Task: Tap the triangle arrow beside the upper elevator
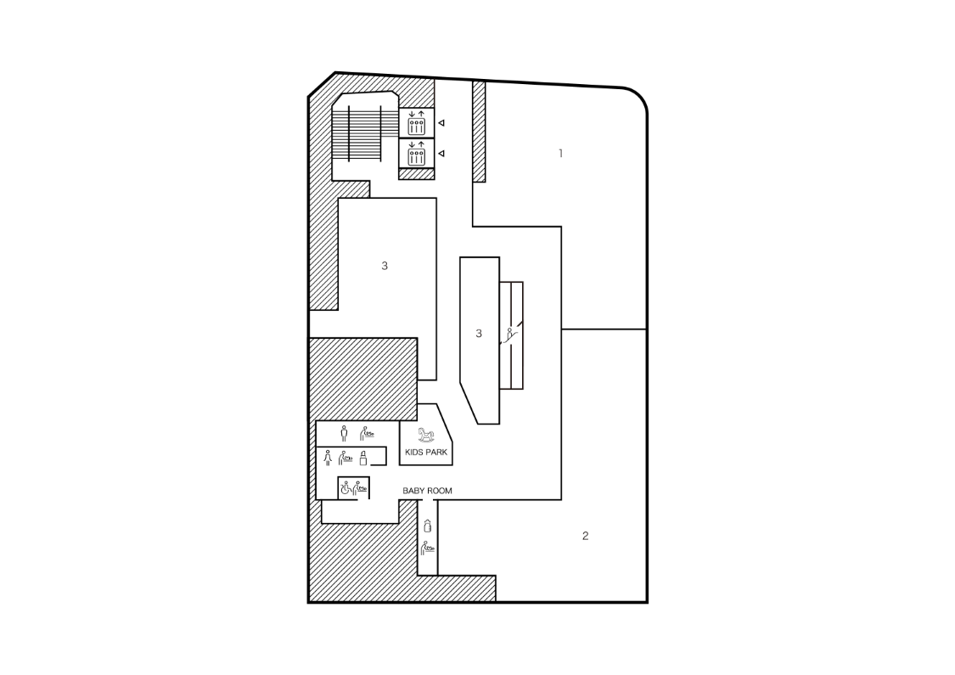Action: tap(441, 123)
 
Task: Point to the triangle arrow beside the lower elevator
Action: tap(441, 154)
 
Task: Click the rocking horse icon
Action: tap(426, 435)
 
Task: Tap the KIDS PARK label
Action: tap(426, 452)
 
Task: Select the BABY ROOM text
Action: tap(428, 491)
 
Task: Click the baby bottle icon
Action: tap(428, 525)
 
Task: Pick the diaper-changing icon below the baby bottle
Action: tap(428, 548)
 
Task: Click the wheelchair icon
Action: tap(346, 488)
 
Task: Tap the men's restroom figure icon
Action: tap(344, 433)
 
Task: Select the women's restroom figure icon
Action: tap(328, 458)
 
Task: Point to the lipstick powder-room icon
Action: tap(363, 458)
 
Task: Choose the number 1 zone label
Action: tap(561, 154)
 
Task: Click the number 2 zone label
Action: tap(585, 536)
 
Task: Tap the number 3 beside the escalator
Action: tap(479, 333)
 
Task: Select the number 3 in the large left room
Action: tap(385, 266)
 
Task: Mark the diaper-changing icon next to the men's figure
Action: tap(366, 433)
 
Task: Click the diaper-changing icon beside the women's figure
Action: tap(346, 458)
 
